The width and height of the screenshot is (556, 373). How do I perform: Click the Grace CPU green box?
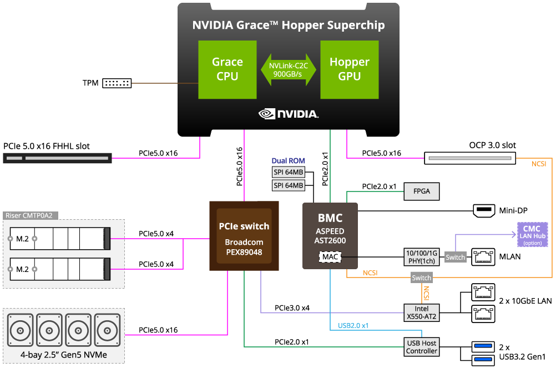click(228, 69)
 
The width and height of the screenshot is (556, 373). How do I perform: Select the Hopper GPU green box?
click(350, 69)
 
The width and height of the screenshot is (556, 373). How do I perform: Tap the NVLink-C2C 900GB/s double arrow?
click(289, 69)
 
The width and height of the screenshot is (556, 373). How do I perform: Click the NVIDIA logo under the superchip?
click(289, 114)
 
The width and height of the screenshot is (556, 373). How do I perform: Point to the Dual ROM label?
click(288, 160)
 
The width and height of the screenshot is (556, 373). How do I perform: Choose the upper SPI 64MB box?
click(289, 172)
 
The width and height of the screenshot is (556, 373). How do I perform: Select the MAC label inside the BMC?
click(330, 257)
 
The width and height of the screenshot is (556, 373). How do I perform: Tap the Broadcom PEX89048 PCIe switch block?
click(244, 236)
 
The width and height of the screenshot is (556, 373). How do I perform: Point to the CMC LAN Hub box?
click(532, 234)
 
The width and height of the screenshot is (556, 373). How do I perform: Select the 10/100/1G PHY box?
click(422, 257)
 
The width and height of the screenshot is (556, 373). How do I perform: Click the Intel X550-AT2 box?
click(422, 312)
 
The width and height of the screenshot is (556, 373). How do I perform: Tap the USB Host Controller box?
click(422, 347)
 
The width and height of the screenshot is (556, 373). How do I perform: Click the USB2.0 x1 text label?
click(353, 325)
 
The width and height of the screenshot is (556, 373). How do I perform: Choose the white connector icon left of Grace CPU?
click(117, 83)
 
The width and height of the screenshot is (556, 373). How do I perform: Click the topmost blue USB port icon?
click(483, 347)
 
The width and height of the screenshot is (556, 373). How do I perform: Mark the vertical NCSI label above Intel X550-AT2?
click(426, 293)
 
